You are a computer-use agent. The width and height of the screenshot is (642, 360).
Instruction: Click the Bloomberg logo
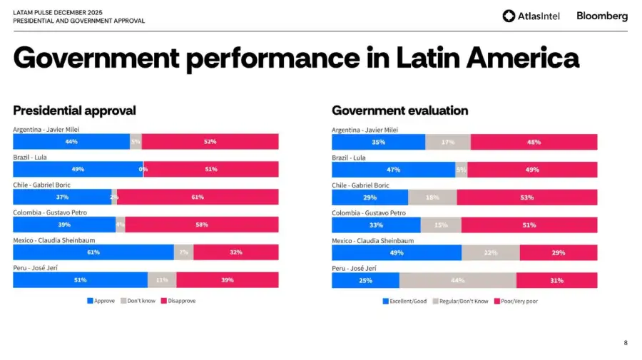602,16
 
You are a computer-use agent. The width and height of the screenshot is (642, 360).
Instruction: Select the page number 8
626,343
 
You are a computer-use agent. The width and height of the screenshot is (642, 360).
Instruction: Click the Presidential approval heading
74,110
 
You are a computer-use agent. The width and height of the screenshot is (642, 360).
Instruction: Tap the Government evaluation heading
399,110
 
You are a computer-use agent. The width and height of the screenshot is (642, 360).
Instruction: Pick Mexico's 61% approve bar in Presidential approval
93,252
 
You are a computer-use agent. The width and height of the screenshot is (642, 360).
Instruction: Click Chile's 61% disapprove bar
198,197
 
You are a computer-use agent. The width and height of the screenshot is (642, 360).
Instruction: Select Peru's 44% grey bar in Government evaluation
458,280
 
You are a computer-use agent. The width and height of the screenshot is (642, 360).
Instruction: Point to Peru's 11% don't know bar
162,280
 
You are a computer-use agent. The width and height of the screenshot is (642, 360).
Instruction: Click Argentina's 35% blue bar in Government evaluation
378,142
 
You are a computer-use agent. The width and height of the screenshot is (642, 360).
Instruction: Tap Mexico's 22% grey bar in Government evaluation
490,252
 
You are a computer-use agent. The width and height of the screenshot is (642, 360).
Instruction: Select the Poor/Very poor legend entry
517,301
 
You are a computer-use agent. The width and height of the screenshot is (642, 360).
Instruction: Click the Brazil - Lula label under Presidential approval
30,158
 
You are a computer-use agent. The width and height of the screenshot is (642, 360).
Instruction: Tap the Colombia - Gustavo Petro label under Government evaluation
368,213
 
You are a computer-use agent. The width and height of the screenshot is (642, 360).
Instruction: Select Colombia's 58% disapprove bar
202,225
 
